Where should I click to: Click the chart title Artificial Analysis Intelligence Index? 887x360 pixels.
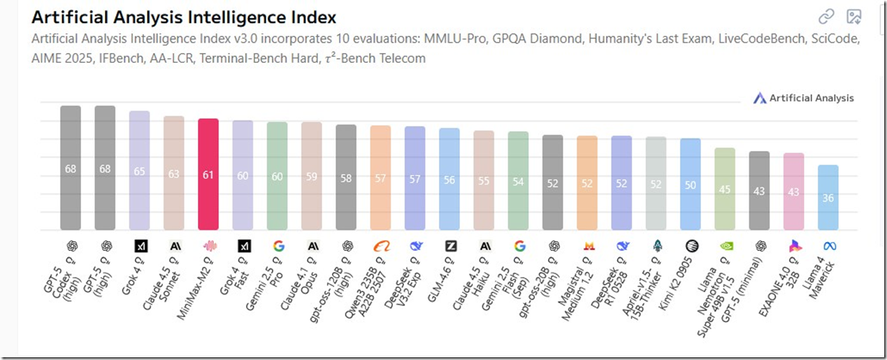click(184, 17)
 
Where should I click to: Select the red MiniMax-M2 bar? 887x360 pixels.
click(208, 174)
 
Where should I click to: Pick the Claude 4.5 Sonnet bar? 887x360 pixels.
click(173, 173)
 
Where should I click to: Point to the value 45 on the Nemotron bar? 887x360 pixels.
click(725, 189)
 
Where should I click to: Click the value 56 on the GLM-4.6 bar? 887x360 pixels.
click(449, 180)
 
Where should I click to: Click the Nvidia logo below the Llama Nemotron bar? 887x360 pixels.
click(725, 246)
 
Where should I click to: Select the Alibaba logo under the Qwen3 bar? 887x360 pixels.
click(381, 246)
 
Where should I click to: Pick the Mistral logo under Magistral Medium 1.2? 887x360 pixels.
click(587, 246)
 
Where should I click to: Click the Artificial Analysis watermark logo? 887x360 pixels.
click(760, 98)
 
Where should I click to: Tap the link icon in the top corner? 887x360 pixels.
click(826, 16)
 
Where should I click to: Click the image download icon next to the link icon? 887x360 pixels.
click(853, 16)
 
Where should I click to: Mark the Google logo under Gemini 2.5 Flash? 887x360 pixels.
click(519, 246)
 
